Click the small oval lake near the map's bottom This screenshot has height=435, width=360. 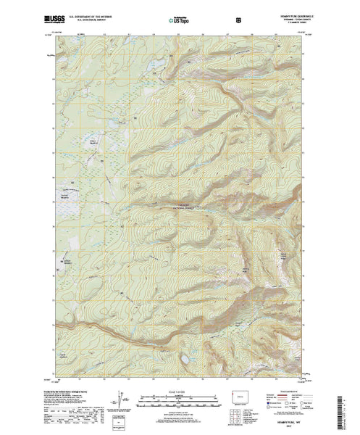[188, 358]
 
